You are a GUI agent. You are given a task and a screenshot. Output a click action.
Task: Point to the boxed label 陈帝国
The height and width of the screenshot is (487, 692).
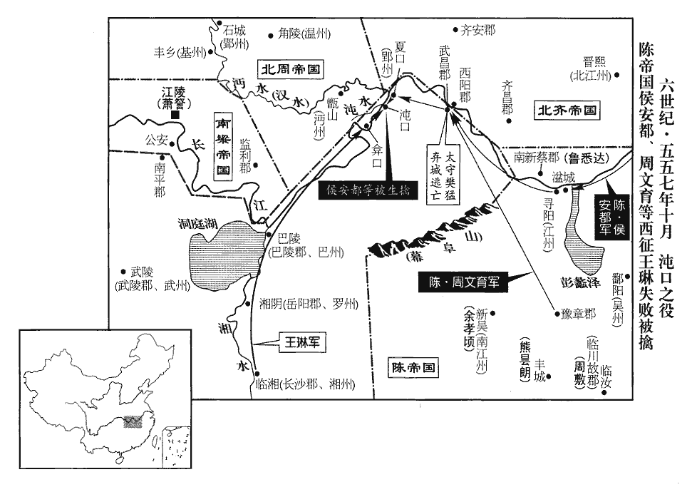413,367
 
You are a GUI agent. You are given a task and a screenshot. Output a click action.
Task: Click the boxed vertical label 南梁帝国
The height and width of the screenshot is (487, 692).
224,146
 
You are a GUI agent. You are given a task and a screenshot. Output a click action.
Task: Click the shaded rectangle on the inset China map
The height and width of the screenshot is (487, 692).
133,421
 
